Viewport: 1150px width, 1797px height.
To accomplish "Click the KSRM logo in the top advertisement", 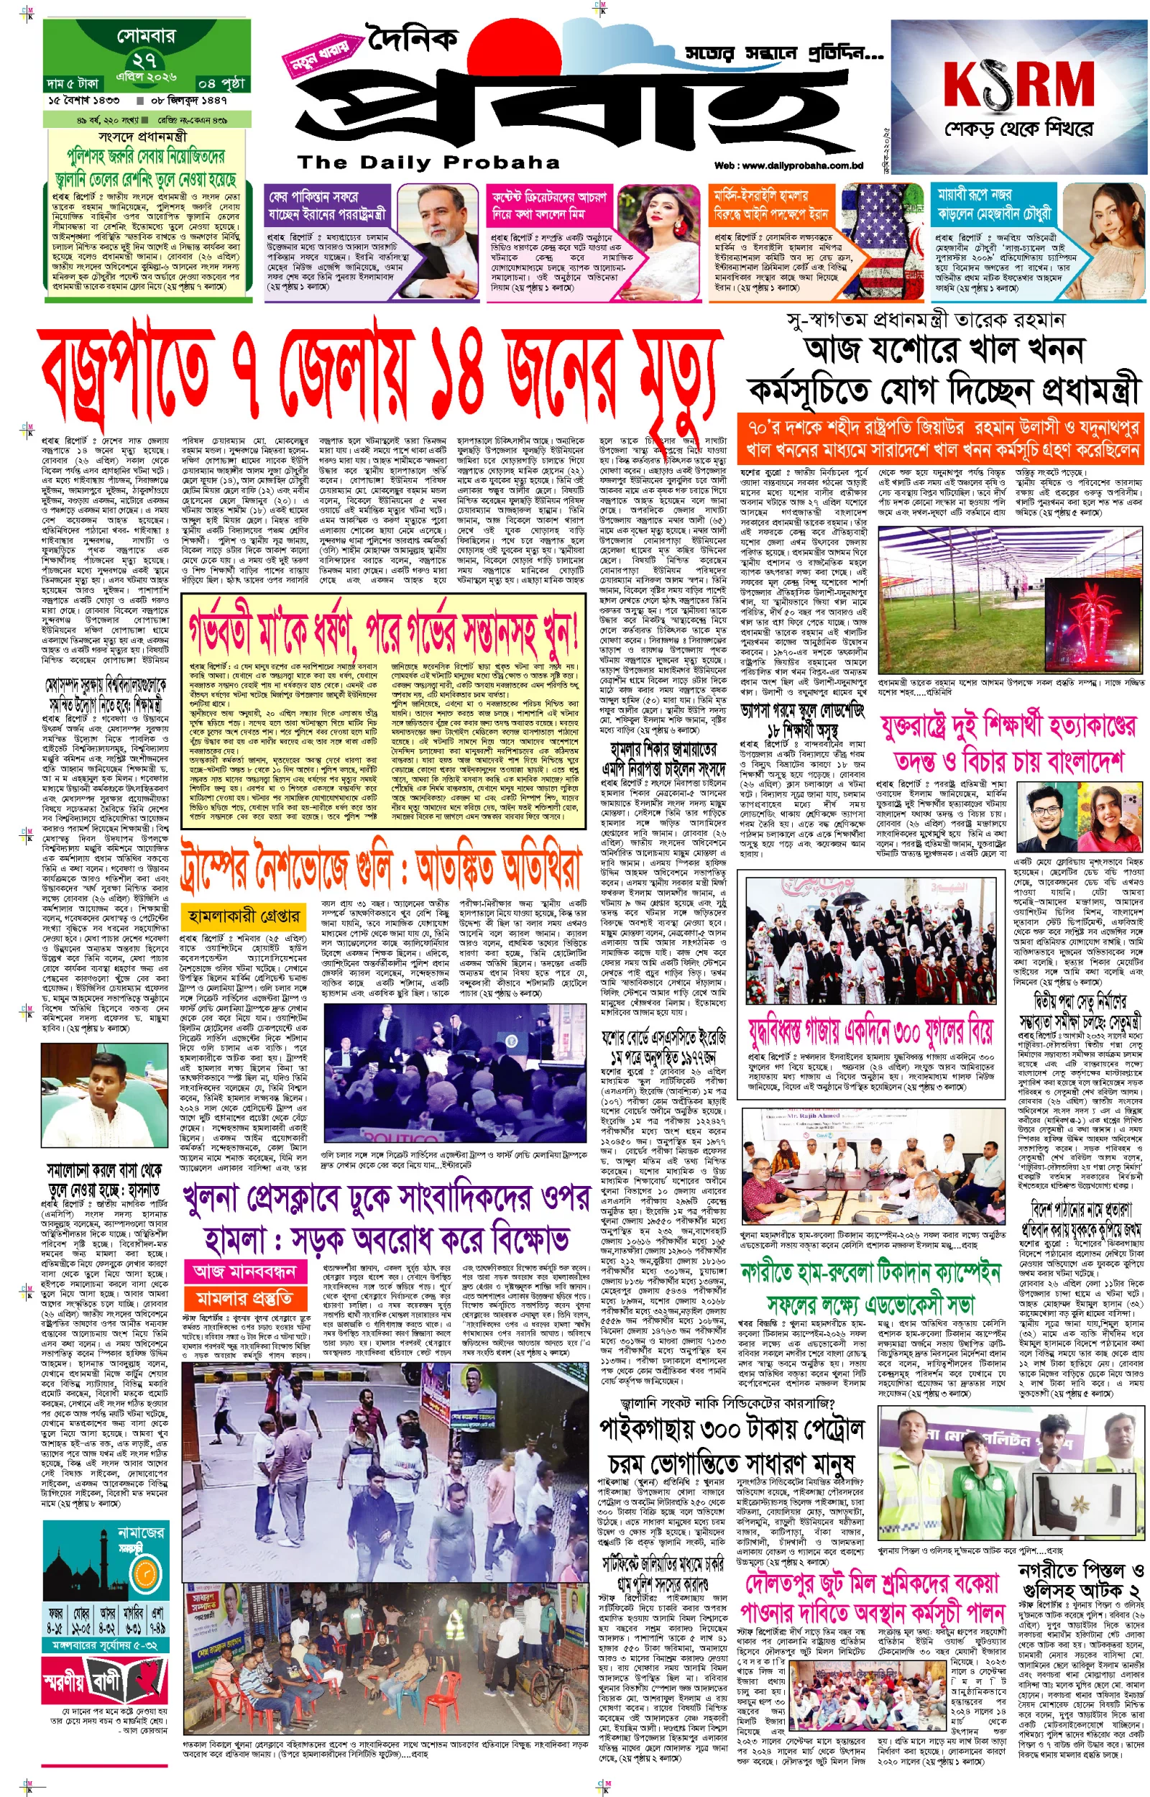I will coord(1018,85).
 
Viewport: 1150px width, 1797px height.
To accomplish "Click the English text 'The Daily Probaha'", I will coord(428,162).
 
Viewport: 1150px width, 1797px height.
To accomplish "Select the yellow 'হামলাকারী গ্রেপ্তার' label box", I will coord(241,916).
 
